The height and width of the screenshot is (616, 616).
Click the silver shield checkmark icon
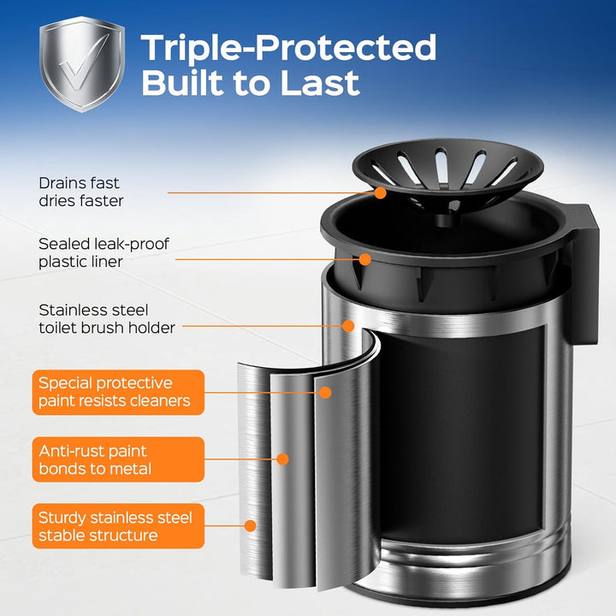(82, 64)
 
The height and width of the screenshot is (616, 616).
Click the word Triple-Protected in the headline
(289, 48)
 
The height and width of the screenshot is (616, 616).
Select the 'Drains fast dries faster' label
(81, 192)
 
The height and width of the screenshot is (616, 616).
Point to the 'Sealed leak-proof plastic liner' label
(104, 252)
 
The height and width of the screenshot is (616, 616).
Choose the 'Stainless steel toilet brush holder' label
(107, 318)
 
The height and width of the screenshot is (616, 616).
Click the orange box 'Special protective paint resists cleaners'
(118, 392)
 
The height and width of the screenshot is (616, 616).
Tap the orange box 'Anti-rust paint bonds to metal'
(118, 459)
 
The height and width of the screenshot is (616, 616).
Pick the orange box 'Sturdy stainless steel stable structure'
(118, 526)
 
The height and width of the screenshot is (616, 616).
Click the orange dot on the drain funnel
(380, 192)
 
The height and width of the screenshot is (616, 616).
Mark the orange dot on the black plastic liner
(365, 259)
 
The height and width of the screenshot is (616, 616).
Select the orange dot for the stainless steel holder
(348, 326)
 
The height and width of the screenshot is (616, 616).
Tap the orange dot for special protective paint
(325, 393)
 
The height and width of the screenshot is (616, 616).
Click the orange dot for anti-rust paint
(282, 459)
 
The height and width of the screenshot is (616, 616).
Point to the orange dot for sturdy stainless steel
(250, 525)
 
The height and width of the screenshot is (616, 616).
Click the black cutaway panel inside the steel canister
(462, 432)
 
